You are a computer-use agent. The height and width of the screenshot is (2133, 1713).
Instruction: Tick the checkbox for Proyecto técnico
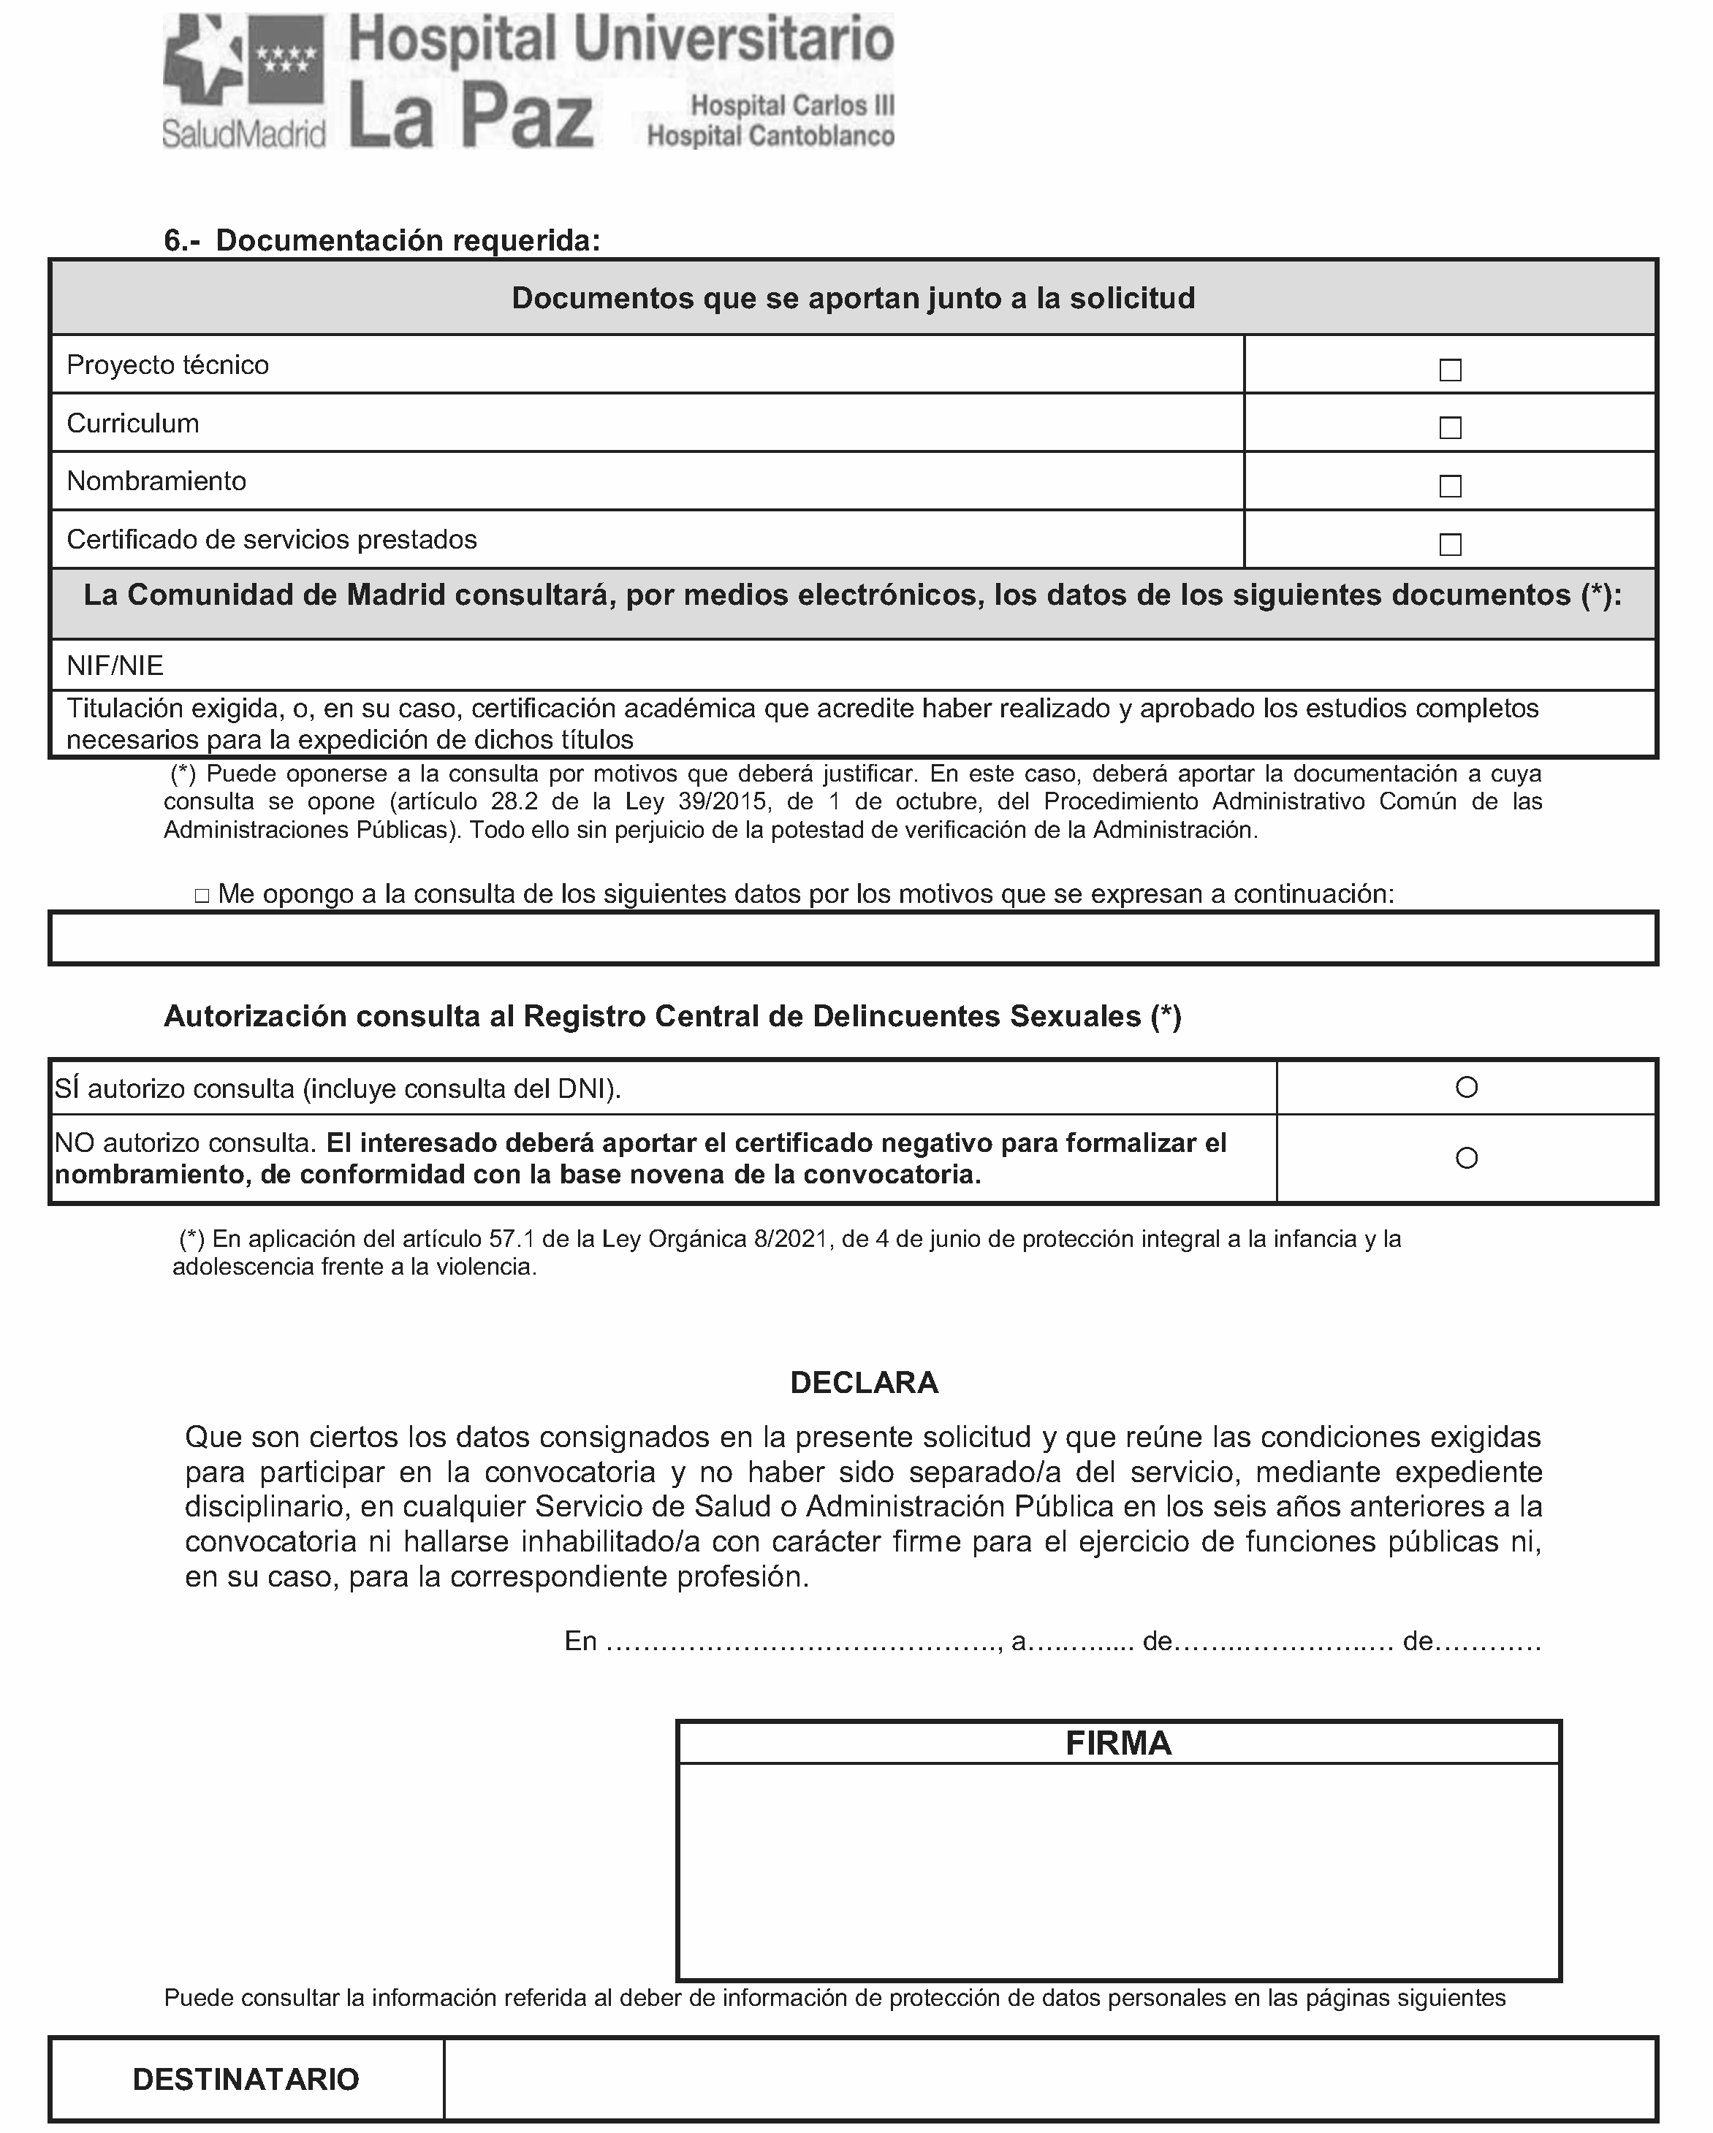[x=1450, y=370]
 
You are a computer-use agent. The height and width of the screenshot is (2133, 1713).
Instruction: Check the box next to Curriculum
[x=1450, y=428]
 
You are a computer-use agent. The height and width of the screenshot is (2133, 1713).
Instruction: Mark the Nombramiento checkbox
[x=1450, y=486]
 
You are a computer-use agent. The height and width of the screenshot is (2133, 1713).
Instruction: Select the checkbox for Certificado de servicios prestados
[x=1450, y=545]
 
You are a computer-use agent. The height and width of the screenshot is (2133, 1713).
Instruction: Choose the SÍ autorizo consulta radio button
[x=1467, y=1087]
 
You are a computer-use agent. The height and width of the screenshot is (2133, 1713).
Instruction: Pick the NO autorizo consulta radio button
[x=1467, y=1158]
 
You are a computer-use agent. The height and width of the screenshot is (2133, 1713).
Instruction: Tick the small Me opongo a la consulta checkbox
[x=202, y=896]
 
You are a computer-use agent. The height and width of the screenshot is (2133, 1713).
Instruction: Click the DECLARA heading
[x=864, y=1382]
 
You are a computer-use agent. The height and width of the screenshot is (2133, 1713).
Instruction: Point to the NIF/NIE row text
[x=115, y=665]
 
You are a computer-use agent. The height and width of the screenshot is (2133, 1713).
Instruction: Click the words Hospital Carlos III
[x=791, y=105]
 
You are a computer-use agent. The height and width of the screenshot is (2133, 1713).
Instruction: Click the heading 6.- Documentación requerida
[x=382, y=240]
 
